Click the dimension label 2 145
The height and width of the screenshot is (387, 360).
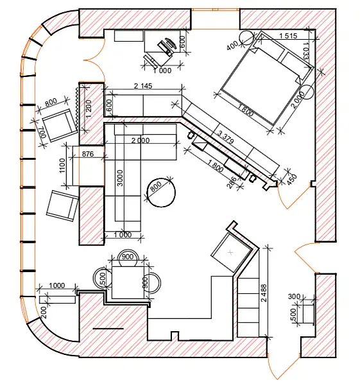(x=143, y=86)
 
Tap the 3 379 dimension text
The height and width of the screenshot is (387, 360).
(x=225, y=137)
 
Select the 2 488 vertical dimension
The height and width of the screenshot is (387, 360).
(x=264, y=293)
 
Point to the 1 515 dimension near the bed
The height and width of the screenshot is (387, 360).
(x=288, y=36)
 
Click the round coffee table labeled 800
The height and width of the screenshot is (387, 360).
(x=161, y=193)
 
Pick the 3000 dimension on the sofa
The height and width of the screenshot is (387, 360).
(x=120, y=178)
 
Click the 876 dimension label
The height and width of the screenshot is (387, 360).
(x=88, y=154)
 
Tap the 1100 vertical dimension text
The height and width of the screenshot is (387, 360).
(x=62, y=166)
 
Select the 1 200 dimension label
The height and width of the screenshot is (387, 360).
(x=89, y=108)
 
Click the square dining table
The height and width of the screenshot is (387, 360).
(x=128, y=282)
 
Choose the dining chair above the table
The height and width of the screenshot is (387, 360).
(x=128, y=257)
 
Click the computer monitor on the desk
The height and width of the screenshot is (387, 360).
(x=170, y=44)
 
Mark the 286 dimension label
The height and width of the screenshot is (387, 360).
(x=232, y=182)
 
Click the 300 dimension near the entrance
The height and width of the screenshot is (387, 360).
(x=294, y=297)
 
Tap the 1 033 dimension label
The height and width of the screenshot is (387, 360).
(x=305, y=51)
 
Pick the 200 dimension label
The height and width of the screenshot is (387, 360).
(x=44, y=313)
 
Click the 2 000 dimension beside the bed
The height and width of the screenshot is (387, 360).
(x=298, y=100)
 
